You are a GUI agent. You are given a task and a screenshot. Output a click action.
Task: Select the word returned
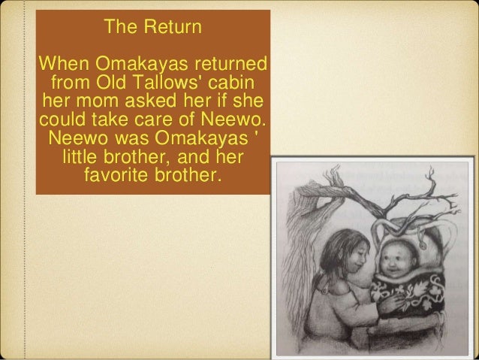230,61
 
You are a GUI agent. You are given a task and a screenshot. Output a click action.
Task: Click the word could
62,120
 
